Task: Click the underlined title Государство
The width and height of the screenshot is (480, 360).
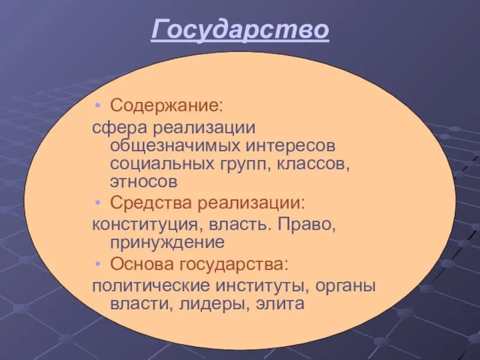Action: coord(240,29)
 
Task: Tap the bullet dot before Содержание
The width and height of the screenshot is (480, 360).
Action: coord(98,106)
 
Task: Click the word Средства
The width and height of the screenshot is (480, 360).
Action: coord(149,203)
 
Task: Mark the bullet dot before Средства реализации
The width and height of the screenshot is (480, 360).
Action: coord(98,203)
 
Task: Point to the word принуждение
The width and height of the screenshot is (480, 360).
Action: coord(167,242)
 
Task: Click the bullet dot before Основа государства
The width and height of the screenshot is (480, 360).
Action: coord(98,264)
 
